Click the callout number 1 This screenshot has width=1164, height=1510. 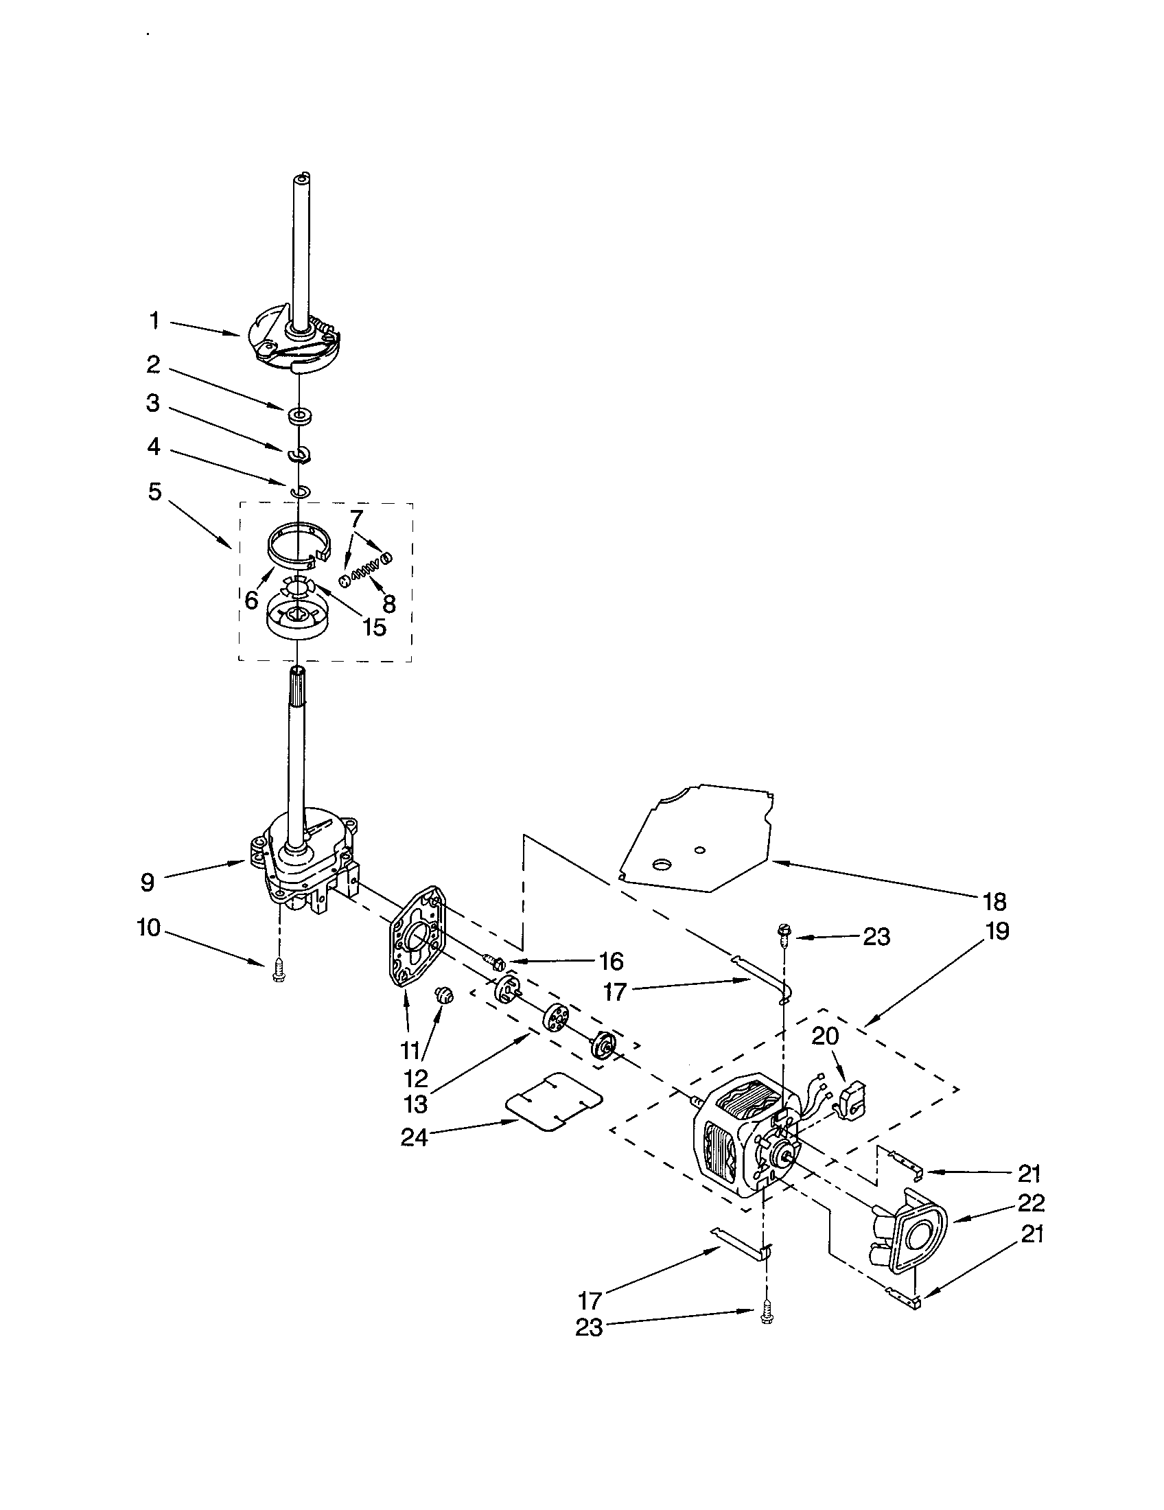pyautogui.click(x=154, y=320)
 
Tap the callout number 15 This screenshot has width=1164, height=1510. pyautogui.click(x=374, y=627)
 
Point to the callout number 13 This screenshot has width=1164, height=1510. pyautogui.click(x=415, y=1104)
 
